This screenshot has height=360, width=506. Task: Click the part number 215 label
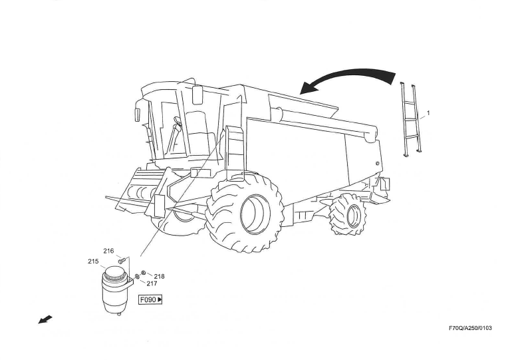(93, 262)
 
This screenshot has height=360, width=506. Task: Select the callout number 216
(108, 251)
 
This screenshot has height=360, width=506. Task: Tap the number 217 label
(152, 283)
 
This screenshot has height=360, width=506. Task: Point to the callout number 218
(159, 276)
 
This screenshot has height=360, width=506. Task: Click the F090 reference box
(150, 300)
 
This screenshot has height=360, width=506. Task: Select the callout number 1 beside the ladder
(428, 113)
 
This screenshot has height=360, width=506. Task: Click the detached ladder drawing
(411, 120)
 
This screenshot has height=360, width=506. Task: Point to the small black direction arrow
(45, 321)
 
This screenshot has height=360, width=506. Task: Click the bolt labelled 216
(121, 261)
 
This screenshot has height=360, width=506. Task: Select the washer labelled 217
(137, 277)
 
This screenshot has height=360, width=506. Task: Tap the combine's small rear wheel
(347, 214)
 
